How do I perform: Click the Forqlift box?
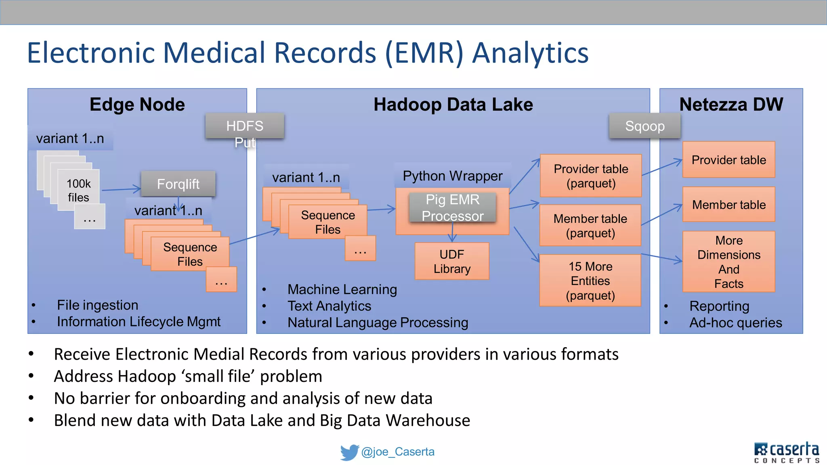coord(178,184)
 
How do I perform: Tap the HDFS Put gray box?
coord(245,126)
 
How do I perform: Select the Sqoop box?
coord(644,126)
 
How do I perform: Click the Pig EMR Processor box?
coord(452,207)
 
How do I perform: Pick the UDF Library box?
coord(452,261)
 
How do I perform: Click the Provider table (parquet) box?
coord(591,176)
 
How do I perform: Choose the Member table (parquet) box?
coord(590,225)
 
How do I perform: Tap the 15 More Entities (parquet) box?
coord(590,281)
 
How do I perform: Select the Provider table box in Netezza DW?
coord(728,160)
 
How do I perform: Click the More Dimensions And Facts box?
coord(728,262)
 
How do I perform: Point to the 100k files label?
coord(78,190)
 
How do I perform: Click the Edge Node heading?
coord(137,105)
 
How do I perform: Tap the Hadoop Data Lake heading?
coord(453,105)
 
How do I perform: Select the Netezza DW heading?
coord(731,105)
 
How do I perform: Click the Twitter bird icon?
coord(349,452)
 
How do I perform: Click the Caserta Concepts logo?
coord(786,452)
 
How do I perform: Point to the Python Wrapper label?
coord(452,176)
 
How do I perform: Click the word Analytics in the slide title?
coord(530,53)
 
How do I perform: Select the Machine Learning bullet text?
coord(342,289)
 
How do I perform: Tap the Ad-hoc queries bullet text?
coord(735,323)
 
